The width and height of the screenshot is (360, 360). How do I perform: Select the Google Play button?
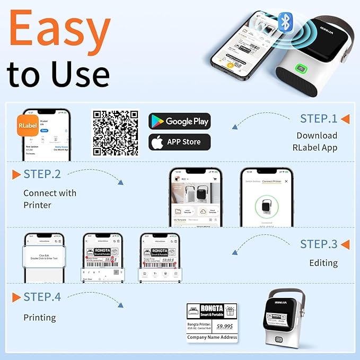coord(179,121)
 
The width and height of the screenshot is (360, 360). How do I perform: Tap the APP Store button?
coord(179,142)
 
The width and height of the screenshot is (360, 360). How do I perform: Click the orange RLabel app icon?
coord(30,127)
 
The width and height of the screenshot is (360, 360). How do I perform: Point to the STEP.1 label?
coord(318,119)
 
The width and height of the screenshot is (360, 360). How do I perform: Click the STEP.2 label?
coord(42,174)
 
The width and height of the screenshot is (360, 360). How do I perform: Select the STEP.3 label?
coord(318,244)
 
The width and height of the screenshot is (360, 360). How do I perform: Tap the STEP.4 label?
coord(42,296)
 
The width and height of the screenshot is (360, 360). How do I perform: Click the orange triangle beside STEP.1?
coord(345,119)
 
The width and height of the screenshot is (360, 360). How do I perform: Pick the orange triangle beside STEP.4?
coord(15,296)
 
